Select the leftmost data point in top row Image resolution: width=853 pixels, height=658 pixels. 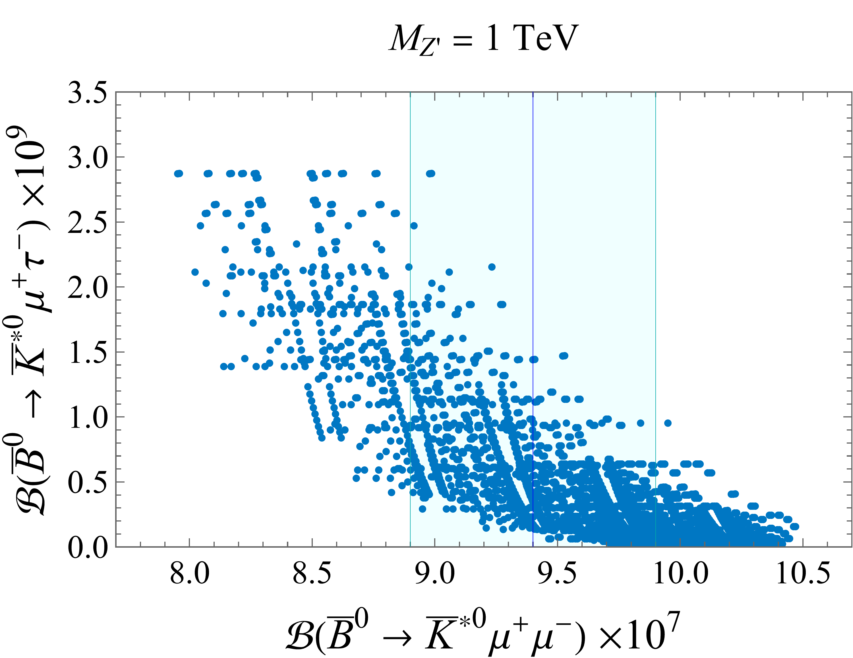click(x=178, y=173)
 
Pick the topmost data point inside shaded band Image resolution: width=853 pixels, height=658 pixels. click(x=430, y=173)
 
